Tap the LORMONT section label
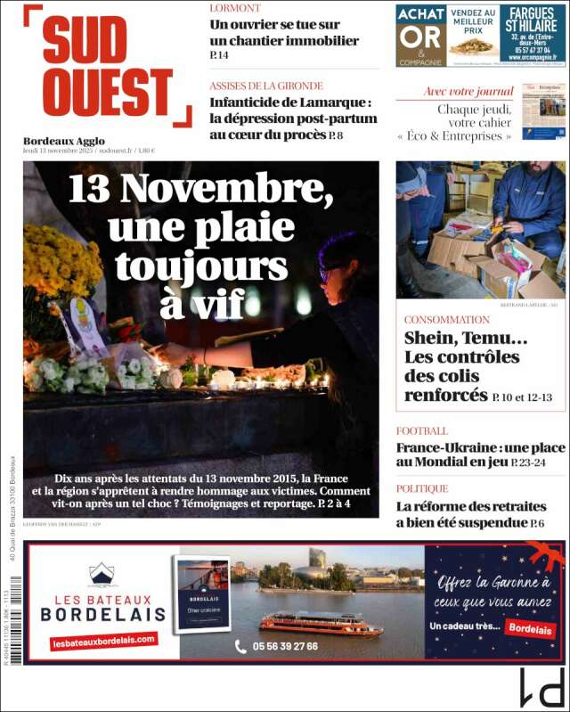[x=235, y=8]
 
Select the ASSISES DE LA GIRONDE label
[x=266, y=86]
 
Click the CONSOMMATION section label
[x=447, y=319]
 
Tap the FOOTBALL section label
[x=422, y=431]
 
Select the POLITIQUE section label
[x=422, y=488]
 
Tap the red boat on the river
[x=321, y=623]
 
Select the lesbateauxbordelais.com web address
[x=103, y=641]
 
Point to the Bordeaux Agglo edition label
[x=64, y=141]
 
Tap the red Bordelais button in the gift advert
[x=529, y=627]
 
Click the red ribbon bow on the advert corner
[x=544, y=557]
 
